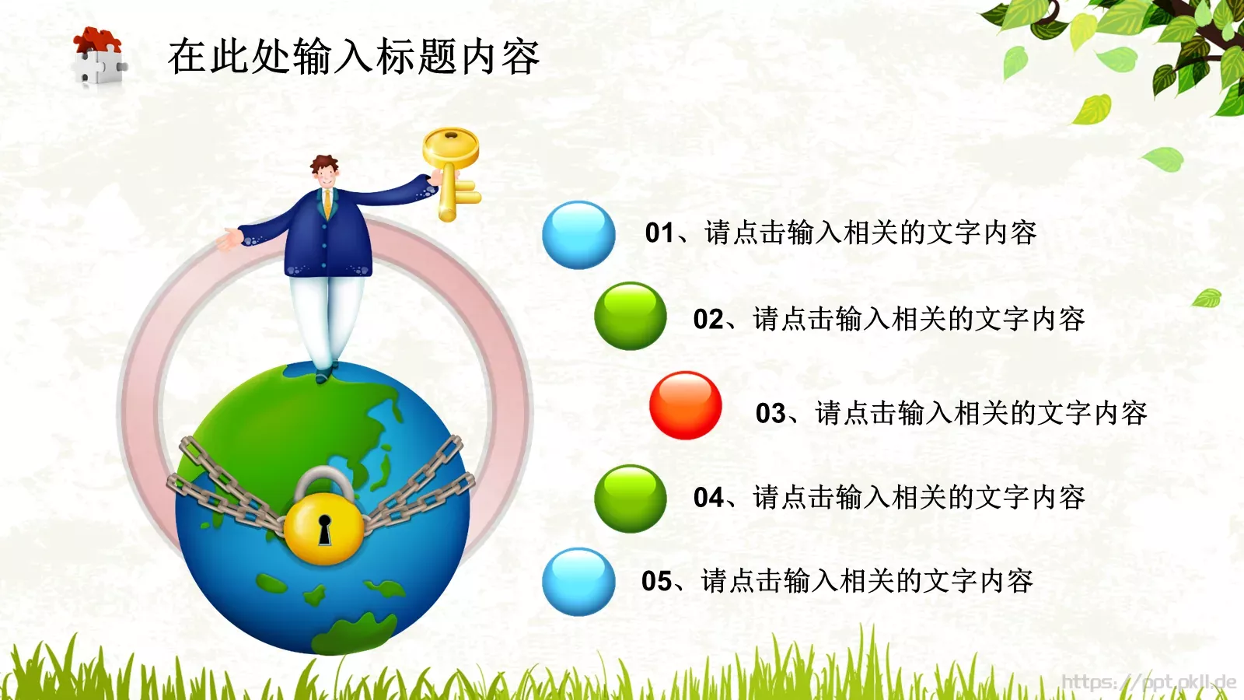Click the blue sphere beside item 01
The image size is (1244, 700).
pyautogui.click(x=578, y=235)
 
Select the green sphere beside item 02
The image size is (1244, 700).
pyautogui.click(x=630, y=316)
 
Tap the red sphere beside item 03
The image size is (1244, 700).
pyautogui.click(x=685, y=405)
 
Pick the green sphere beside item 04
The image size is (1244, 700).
pyautogui.click(x=630, y=499)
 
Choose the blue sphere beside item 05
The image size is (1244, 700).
pyautogui.click(x=578, y=582)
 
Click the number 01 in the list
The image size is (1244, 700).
pyautogui.click(x=659, y=233)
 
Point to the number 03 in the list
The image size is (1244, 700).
pyautogui.click(x=771, y=413)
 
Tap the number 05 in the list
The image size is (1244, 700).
pyautogui.click(x=656, y=581)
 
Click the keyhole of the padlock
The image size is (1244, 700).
pyautogui.click(x=324, y=529)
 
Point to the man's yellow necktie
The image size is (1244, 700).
pyautogui.click(x=328, y=204)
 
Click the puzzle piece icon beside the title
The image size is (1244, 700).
pyautogui.click(x=99, y=57)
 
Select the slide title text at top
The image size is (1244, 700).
pyautogui.click(x=354, y=57)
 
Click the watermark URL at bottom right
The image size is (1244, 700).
pyautogui.click(x=1148, y=683)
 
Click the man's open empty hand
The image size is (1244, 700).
pyautogui.click(x=229, y=240)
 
